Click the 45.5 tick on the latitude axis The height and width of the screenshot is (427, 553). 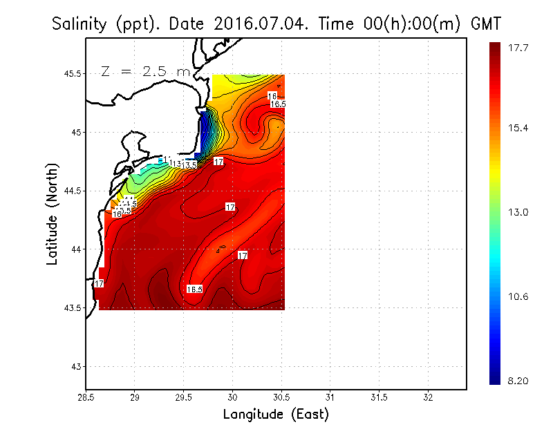[71, 73]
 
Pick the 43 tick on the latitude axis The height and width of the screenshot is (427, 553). [76, 366]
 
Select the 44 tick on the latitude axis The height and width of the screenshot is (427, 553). [76, 249]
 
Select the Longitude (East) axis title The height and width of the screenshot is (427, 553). [276, 415]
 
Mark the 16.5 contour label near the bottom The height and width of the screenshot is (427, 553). [194, 289]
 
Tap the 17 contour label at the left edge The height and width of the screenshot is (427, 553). [99, 283]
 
